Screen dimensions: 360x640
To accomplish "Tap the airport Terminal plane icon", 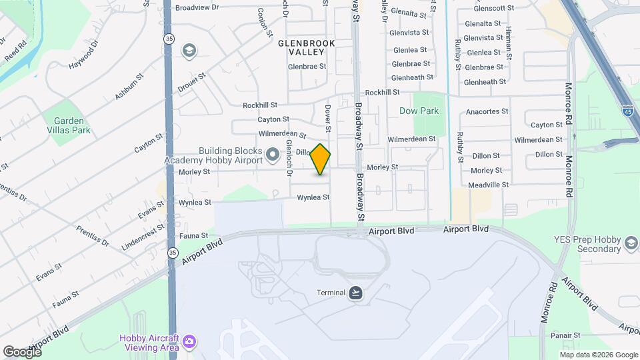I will point(356,293).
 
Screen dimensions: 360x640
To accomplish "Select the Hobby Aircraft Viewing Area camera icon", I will point(190,341).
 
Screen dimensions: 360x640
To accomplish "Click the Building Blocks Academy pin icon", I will point(272,155).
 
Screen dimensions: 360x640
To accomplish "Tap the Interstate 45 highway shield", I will point(627,110).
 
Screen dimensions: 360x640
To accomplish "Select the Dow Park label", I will point(419,111).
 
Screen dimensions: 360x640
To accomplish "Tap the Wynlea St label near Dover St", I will point(313,197).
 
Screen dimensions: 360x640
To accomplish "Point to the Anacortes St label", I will point(487,111).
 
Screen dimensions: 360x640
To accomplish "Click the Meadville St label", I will point(488,185).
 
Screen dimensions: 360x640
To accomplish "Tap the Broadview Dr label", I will point(197,7).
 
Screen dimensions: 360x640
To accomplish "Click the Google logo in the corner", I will point(22,351).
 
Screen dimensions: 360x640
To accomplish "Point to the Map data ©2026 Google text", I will point(599,354).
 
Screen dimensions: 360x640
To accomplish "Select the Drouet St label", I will point(191,82).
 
